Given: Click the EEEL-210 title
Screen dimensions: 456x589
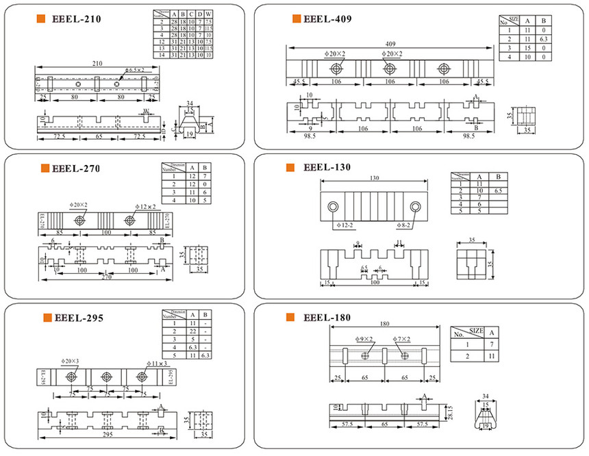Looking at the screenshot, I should tap(76, 20).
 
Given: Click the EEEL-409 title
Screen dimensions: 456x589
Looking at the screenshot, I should tap(327, 19).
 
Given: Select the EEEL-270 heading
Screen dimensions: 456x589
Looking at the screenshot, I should tap(76, 168).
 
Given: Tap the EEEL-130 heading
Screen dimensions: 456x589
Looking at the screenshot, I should tap(327, 168).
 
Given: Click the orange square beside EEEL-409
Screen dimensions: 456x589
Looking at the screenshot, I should tap(296, 19).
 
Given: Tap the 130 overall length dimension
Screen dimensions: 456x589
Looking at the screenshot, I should tap(373, 179).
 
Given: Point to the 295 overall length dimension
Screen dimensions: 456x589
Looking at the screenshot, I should tap(109, 435).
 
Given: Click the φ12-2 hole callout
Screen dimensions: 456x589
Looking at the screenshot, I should tap(347, 224).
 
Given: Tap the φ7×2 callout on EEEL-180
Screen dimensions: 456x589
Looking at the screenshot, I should tap(401, 340).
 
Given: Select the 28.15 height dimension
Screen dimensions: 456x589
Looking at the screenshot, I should tap(449, 410).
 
